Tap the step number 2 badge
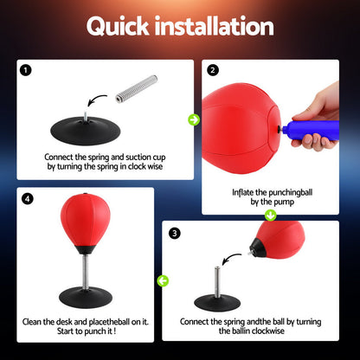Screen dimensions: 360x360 [213, 69]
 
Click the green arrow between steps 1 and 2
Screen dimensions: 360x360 [194, 119]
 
